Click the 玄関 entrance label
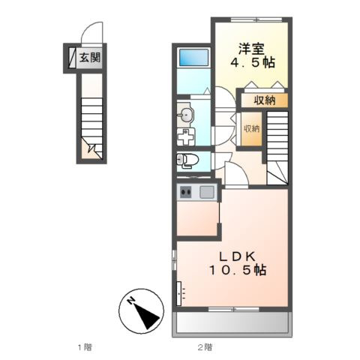coord(90,58)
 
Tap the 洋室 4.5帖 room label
coord(252,55)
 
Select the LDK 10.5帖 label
coord(238,263)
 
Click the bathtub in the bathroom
coord(193,58)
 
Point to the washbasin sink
coord(185,115)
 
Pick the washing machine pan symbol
coord(186,136)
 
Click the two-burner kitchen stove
coord(186,192)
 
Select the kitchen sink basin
coord(206,192)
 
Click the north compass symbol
coord(141,311)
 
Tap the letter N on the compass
coord(130,301)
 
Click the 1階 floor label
coord(85,347)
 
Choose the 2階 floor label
coord(205,347)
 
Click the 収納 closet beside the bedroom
coord(265,100)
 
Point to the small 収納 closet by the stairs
coord(252,129)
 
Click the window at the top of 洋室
coord(256,19)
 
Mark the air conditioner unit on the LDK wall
coord(179,293)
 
